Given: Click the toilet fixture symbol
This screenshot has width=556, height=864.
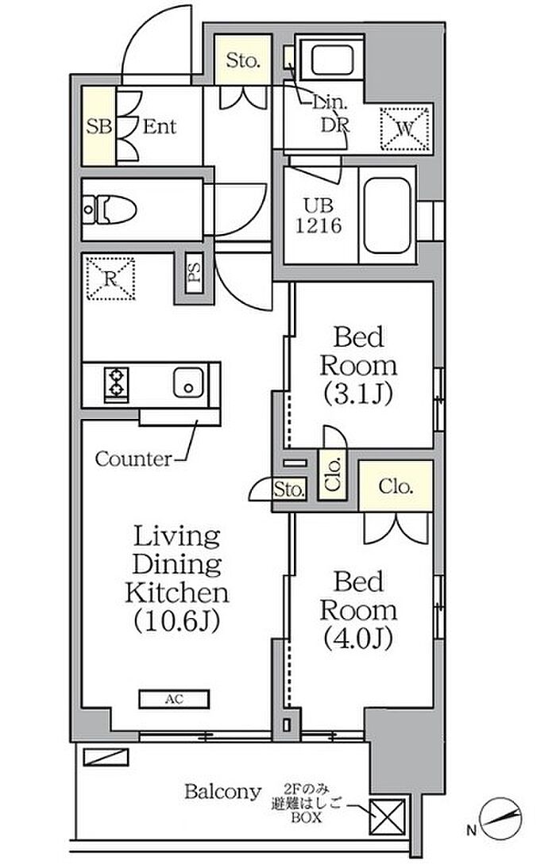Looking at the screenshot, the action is [x=110, y=210].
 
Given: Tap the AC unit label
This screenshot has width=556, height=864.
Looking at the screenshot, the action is [x=174, y=699].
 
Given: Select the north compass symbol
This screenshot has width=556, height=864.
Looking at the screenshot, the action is [x=500, y=818].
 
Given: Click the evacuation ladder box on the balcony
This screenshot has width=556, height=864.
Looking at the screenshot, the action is [x=388, y=816].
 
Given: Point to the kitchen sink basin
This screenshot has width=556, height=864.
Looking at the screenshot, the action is [x=188, y=382].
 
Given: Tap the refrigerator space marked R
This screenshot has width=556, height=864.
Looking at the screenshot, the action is [x=110, y=278].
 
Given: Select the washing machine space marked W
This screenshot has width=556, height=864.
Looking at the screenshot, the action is [x=405, y=129].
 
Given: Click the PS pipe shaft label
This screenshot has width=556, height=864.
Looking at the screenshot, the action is [x=194, y=271].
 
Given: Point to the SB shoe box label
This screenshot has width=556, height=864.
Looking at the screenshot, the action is [x=99, y=127].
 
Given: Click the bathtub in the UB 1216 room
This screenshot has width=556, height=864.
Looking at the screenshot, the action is [x=388, y=216].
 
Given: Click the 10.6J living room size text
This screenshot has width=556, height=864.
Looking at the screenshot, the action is [x=177, y=620].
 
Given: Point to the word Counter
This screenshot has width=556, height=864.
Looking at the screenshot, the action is [x=133, y=459].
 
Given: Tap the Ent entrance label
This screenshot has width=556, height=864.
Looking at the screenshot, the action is [x=160, y=127].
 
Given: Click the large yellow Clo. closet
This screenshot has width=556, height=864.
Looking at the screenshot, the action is [x=396, y=486].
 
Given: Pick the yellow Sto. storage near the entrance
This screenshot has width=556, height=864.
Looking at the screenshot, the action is [x=243, y=60].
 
